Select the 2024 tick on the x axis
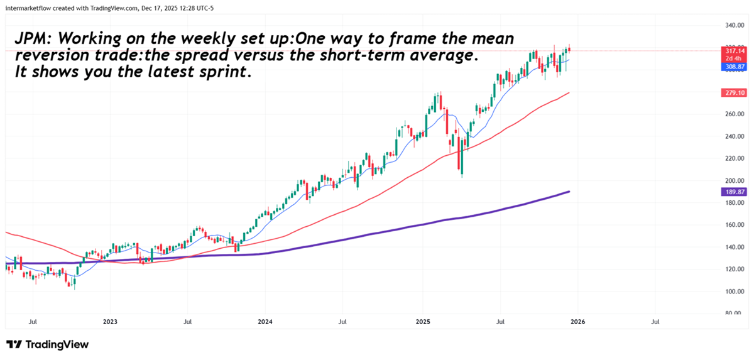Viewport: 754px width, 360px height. tap(265, 322)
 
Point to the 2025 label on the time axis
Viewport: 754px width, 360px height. tap(422, 322)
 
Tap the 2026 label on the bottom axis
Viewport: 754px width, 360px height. tap(577, 322)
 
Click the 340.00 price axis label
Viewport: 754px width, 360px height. tap(733, 26)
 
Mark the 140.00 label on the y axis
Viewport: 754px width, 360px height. tap(733, 248)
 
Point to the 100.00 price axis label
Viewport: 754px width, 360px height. tap(733, 292)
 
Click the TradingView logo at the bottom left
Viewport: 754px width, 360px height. tap(47, 344)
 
